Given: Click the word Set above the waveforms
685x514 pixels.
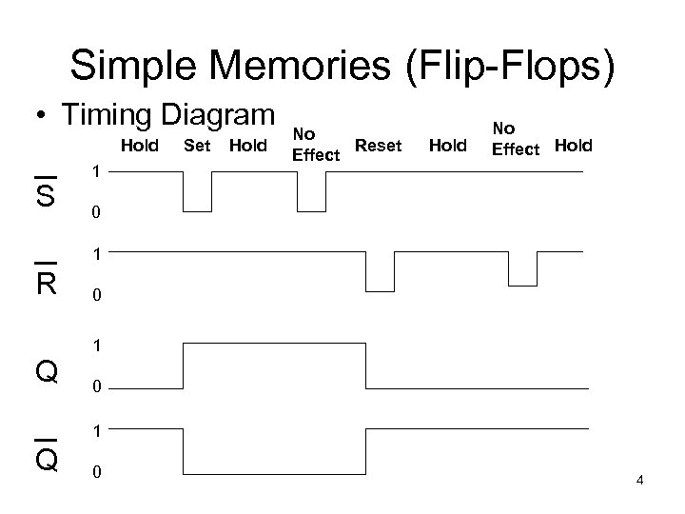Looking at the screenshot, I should pos(196,147).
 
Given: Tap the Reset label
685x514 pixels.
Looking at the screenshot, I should pos(379,146).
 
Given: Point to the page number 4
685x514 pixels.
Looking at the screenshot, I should pos(640,480).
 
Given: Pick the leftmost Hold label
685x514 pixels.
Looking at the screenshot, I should pos(139,147).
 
